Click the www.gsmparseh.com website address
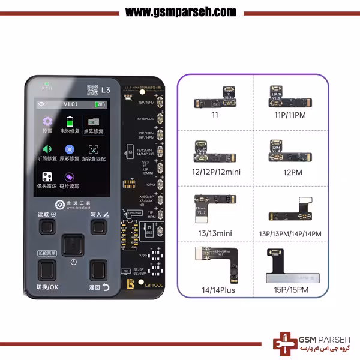181,12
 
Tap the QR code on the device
92,90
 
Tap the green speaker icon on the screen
47,149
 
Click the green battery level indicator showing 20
100,104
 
